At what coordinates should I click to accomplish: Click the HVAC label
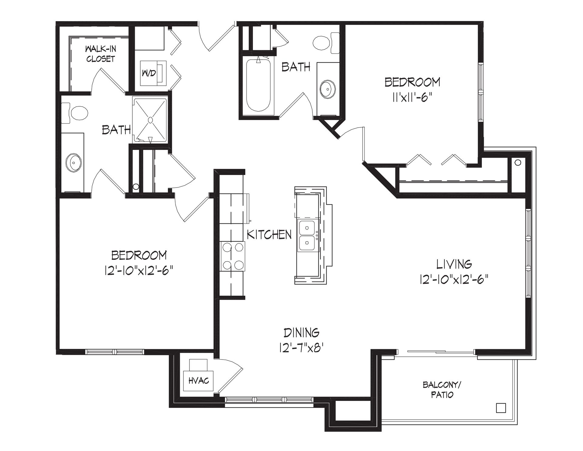pyautogui.click(x=199, y=380)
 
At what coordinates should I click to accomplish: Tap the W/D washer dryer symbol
pyautogui.click(x=153, y=72)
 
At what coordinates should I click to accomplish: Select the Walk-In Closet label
pyautogui.click(x=100, y=54)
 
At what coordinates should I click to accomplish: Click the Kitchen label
pyautogui.click(x=269, y=235)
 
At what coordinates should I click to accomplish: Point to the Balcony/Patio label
pyautogui.click(x=442, y=390)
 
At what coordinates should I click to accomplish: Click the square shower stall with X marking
pyautogui.click(x=150, y=120)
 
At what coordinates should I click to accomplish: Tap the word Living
pyautogui.click(x=454, y=264)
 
